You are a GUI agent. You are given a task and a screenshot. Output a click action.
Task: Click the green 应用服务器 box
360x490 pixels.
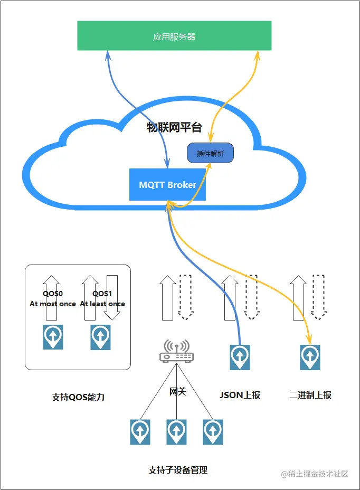click(x=174, y=36)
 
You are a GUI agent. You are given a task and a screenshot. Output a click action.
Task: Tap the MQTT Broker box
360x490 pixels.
click(x=167, y=185)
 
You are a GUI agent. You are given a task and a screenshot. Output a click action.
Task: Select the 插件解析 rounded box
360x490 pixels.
click(x=210, y=154)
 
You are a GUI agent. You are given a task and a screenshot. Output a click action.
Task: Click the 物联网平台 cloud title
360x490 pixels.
click(x=174, y=127)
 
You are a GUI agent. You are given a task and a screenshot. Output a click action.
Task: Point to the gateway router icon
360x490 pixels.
click(x=176, y=352)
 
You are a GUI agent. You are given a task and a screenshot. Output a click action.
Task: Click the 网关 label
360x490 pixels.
click(x=177, y=391)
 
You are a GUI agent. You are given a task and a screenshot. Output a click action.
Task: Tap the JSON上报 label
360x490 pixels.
click(x=240, y=395)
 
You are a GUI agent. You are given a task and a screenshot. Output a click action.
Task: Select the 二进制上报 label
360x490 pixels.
click(x=310, y=395)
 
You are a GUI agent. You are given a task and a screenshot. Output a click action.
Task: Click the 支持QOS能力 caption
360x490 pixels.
click(x=78, y=397)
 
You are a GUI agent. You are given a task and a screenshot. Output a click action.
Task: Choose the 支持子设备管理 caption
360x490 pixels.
click(x=178, y=469)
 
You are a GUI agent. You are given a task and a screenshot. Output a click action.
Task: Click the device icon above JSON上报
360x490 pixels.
click(x=240, y=357)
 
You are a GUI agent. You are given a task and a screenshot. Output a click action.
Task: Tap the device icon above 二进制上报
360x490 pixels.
click(x=310, y=357)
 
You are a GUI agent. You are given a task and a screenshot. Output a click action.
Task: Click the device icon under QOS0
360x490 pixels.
click(x=53, y=336)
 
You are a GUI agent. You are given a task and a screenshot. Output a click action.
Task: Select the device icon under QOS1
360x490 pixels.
click(x=100, y=336)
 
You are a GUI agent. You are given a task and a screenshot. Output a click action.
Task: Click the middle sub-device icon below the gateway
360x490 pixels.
click(x=176, y=432)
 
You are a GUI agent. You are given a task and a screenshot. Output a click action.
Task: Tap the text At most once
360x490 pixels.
click(x=53, y=304)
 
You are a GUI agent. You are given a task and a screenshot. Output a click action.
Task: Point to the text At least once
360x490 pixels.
click(x=102, y=304)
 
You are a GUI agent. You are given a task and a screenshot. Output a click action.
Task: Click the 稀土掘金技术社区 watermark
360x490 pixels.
click(x=315, y=474)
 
